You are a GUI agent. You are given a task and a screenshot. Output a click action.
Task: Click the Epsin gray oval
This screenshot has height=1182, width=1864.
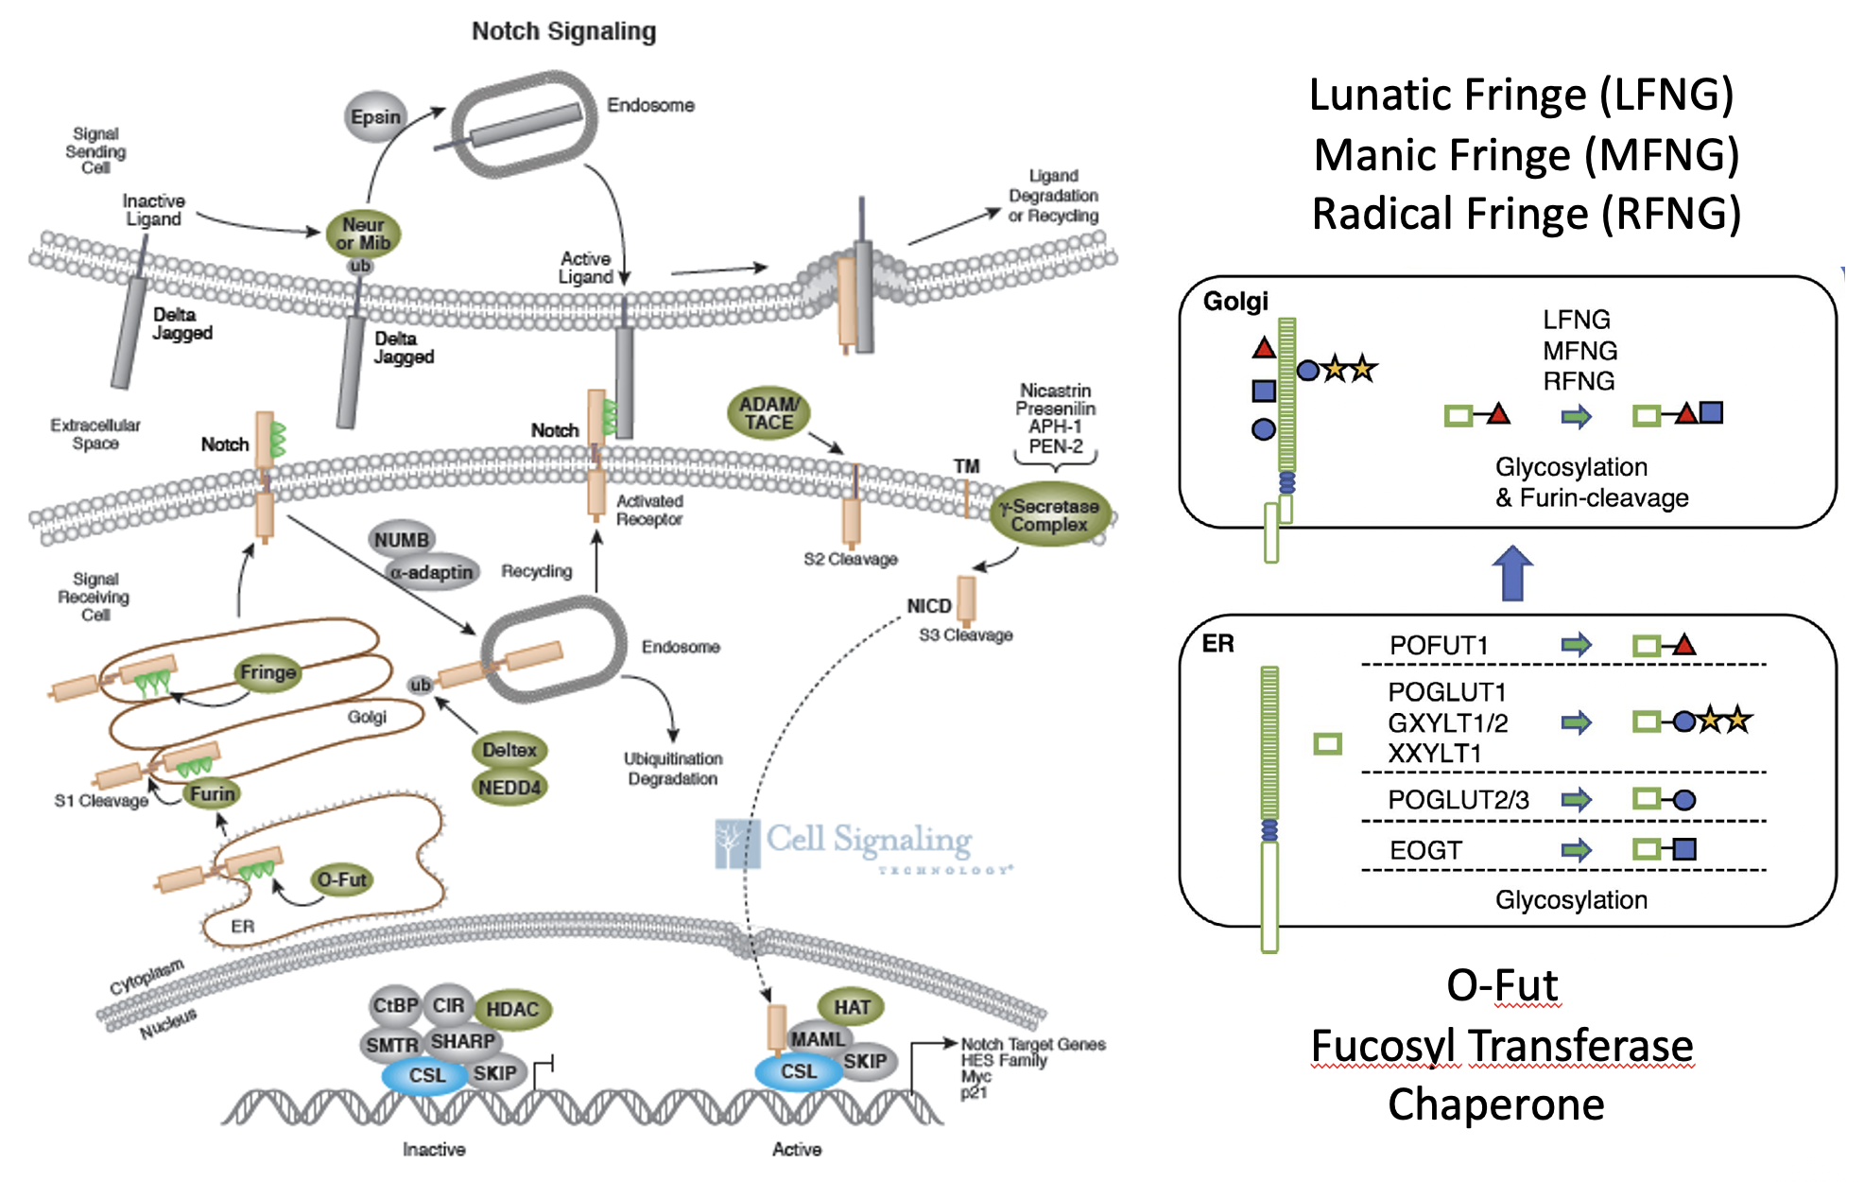click(x=375, y=116)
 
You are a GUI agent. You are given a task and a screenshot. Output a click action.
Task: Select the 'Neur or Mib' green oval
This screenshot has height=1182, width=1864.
click(x=363, y=234)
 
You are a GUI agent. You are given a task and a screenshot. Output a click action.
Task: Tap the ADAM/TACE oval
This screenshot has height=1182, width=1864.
click(x=768, y=413)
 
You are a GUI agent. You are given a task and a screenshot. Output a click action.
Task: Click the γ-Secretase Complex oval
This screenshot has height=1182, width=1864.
click(x=1049, y=515)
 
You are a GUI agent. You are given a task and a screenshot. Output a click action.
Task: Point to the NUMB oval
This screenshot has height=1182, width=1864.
click(x=402, y=540)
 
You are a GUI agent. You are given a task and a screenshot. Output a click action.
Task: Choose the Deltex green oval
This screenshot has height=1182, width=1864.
click(x=509, y=750)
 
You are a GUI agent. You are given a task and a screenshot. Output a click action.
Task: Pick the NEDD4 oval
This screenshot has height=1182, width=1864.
click(x=509, y=788)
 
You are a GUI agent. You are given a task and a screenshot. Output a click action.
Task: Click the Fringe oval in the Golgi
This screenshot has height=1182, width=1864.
click(x=268, y=672)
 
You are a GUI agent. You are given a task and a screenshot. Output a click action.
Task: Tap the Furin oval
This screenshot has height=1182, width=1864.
click(x=212, y=793)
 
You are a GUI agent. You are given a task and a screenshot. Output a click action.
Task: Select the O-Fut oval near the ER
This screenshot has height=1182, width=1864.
click(x=341, y=879)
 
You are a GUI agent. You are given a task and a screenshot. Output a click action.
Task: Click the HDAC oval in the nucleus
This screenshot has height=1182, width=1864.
click(x=512, y=1009)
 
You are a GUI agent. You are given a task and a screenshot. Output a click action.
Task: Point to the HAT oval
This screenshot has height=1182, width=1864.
click(x=852, y=1007)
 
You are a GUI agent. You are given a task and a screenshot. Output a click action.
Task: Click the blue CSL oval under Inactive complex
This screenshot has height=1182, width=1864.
click(x=426, y=1075)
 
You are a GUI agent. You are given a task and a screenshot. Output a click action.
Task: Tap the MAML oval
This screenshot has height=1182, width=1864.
click(x=818, y=1039)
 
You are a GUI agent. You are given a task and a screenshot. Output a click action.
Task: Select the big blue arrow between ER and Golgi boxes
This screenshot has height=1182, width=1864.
click(x=1512, y=573)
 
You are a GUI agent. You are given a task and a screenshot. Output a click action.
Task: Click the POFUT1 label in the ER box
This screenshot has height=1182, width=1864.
click(x=1439, y=646)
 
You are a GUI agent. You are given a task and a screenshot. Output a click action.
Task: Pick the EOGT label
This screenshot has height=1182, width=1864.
click(x=1425, y=850)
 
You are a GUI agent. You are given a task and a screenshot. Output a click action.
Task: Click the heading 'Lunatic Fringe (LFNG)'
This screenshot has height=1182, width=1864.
click(x=1521, y=95)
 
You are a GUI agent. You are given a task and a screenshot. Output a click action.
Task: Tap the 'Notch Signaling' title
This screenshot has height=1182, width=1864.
click(x=563, y=31)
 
